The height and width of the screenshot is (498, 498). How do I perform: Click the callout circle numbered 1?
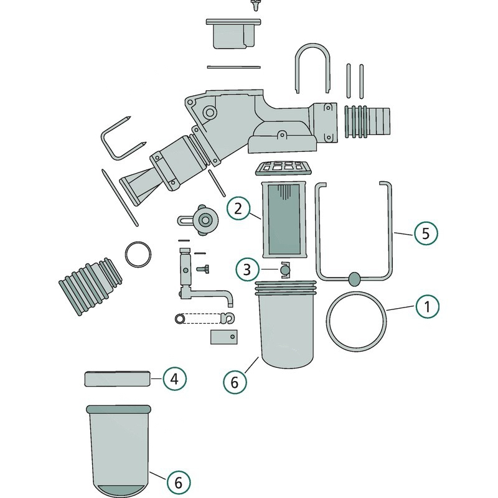428,306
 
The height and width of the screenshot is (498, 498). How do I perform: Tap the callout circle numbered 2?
238,209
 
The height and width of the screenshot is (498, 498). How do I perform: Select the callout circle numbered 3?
247,270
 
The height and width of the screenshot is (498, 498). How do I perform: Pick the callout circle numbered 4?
175,379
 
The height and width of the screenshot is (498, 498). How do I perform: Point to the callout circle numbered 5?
426,233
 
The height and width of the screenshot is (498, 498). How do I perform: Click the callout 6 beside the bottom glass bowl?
179,482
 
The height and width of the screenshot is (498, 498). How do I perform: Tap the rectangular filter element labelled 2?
284,219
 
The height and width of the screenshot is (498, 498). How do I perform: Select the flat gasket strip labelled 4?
118,379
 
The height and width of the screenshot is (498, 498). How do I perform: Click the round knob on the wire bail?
355,278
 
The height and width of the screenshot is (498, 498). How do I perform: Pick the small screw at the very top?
255,5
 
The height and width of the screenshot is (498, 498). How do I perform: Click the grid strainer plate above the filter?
283,168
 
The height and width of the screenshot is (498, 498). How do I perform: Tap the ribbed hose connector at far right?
367,121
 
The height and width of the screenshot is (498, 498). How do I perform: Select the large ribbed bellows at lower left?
90,286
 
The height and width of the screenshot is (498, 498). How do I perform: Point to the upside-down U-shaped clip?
312,44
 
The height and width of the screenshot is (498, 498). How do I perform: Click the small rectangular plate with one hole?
224,337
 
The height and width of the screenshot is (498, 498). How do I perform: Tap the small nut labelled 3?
285,270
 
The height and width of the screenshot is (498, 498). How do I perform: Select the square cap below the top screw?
234,34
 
